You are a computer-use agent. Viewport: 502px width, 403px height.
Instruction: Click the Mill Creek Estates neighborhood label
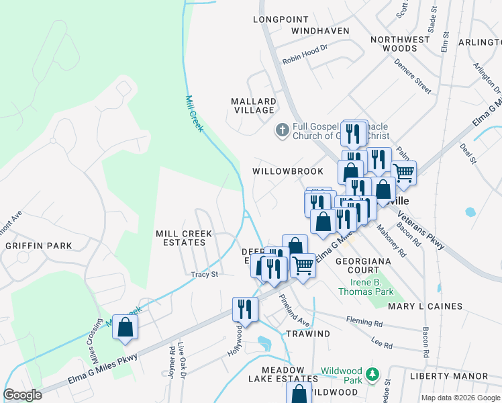click(x=184, y=238)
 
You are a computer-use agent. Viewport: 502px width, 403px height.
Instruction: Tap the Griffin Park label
click(x=38, y=246)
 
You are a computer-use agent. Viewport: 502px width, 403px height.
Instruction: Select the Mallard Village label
click(x=253, y=105)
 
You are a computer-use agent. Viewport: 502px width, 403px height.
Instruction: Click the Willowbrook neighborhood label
click(x=288, y=171)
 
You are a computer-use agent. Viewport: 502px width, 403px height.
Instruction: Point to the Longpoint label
click(x=280, y=19)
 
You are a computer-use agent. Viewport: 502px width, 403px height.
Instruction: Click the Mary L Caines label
click(x=425, y=306)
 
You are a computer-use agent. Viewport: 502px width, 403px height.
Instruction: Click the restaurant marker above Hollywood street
click(x=245, y=309)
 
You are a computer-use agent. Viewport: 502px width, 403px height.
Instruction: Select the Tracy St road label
click(x=205, y=274)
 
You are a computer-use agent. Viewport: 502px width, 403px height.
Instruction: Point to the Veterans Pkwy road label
click(x=421, y=231)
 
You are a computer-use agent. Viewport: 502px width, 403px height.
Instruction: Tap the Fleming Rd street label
click(x=364, y=320)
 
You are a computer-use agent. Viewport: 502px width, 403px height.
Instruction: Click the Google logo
click(x=23, y=395)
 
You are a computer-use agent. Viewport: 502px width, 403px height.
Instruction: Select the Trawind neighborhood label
click(x=308, y=334)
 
